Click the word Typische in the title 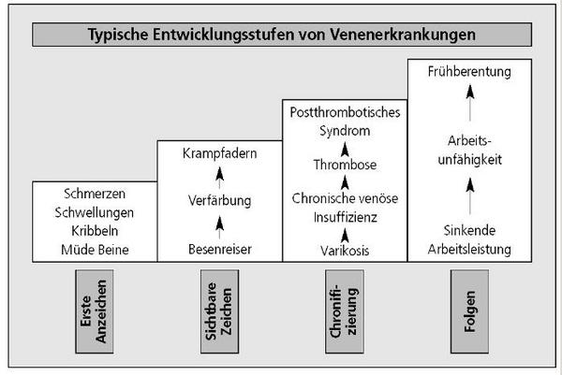tap(118, 35)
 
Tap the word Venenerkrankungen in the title tap(403, 35)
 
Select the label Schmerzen tap(95, 194)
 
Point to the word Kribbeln tap(95, 231)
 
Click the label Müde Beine tap(95, 250)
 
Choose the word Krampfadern tap(220, 153)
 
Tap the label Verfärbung tap(220, 200)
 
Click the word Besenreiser tap(220, 250)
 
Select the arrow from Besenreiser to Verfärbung tap(220, 227)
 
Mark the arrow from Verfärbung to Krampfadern tap(220, 178)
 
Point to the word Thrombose tap(345, 165)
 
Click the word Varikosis tap(345, 251)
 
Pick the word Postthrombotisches tap(345, 112)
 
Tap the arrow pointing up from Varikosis tap(345, 236)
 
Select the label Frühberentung tap(469, 72)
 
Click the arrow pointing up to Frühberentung tap(470, 103)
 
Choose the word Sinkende tap(469, 230)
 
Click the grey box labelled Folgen tap(469, 311)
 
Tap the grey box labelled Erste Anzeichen tap(95, 311)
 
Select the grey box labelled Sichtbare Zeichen tap(219, 311)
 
